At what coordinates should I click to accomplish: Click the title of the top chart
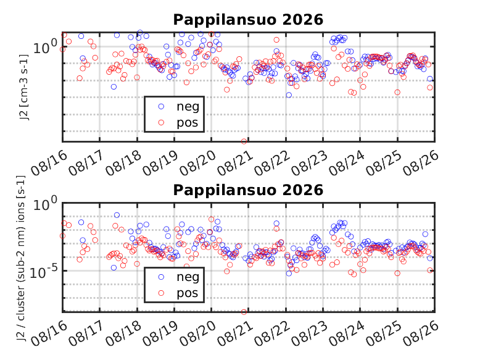pos(248,20)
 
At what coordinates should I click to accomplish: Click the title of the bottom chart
pos(248,190)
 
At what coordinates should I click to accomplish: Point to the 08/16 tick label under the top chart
pos(49,162)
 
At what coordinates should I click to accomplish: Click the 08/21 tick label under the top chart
pos(235,162)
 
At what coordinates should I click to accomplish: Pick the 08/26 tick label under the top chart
pos(421,162)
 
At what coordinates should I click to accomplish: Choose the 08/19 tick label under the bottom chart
pos(160,333)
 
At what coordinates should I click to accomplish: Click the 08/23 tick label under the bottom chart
pos(310,333)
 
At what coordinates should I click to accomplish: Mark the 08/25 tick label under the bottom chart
pos(384,333)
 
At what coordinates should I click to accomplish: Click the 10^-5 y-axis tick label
pos(43,272)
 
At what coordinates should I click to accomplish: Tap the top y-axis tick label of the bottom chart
pos(45,203)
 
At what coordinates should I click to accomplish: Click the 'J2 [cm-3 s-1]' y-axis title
pos(25,87)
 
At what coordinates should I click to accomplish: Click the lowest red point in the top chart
pos(244,141)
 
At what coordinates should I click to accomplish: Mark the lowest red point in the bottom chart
pos(244,312)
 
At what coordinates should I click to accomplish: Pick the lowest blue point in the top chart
pos(289,95)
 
